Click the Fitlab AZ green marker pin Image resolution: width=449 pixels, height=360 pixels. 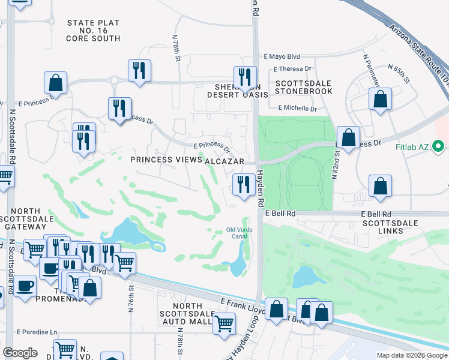[438, 146]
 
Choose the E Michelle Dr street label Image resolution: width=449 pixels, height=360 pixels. [298, 108]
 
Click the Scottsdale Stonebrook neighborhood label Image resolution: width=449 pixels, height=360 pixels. [303, 87]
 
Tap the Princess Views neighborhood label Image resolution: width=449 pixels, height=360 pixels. [166, 160]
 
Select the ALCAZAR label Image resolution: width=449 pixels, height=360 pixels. [224, 162]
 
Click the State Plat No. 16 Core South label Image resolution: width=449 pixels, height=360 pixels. [94, 31]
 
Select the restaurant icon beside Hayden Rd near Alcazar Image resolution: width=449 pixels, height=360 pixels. [243, 184]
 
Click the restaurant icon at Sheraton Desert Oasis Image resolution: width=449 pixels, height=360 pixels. [244, 76]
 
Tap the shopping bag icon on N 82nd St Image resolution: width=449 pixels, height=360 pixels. [348, 137]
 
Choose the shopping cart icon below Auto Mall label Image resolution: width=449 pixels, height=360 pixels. [224, 323]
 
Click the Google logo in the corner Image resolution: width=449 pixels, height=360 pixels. [20, 353]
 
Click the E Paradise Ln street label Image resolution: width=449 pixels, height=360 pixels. [37, 332]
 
